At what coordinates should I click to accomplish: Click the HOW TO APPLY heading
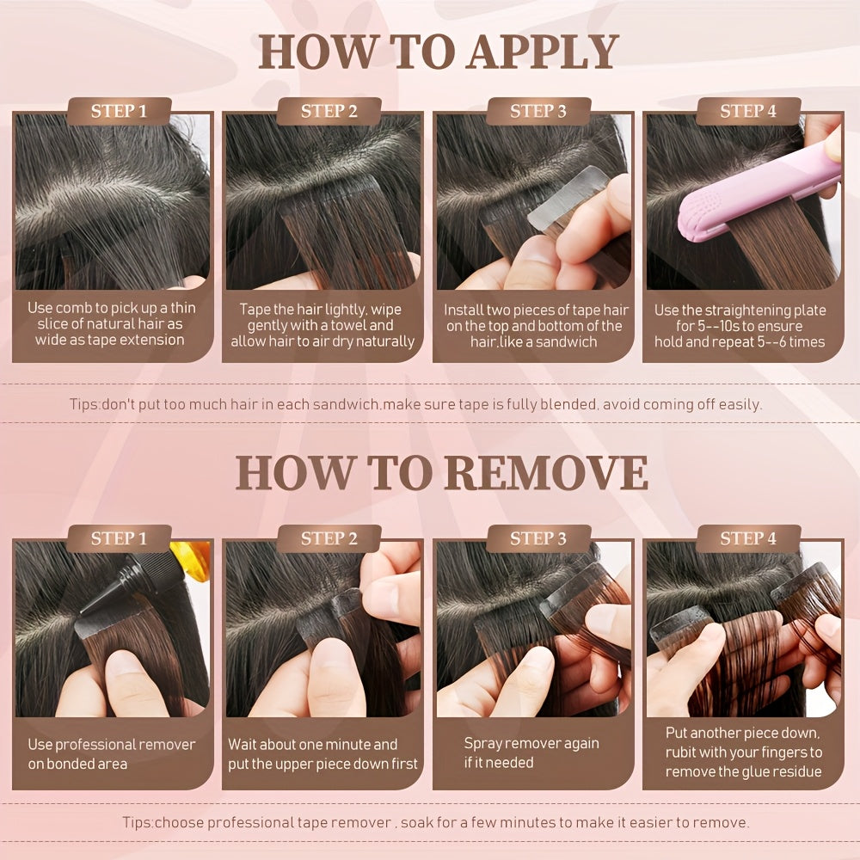pos(439,52)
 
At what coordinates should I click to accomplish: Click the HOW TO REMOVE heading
pos(441,473)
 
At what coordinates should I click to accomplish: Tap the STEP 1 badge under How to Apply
pos(119,111)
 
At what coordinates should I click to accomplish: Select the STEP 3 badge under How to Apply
pos(538,111)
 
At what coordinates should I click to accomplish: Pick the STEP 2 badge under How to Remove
pos(329,538)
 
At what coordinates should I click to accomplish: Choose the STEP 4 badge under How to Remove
pos(748,538)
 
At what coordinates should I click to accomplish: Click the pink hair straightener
pos(759,187)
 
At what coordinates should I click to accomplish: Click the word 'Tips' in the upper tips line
pos(84,405)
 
